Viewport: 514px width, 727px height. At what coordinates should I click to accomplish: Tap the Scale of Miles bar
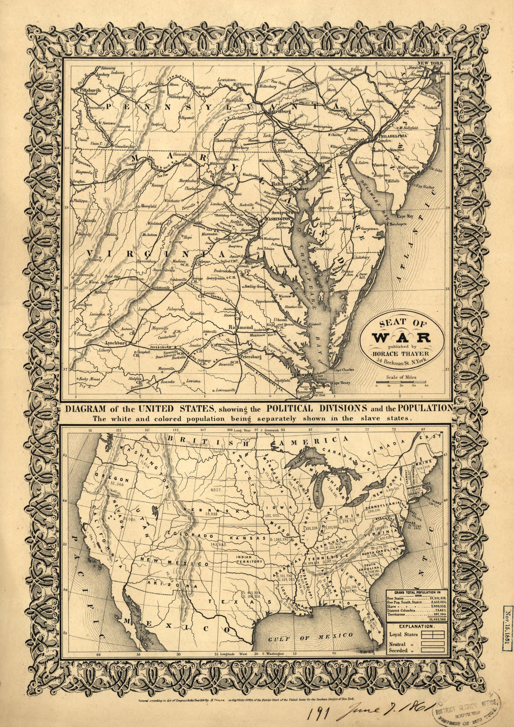tap(401, 383)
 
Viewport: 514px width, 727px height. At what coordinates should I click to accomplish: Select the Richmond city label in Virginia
tap(241, 328)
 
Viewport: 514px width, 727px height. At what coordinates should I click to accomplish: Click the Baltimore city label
tap(281, 184)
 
